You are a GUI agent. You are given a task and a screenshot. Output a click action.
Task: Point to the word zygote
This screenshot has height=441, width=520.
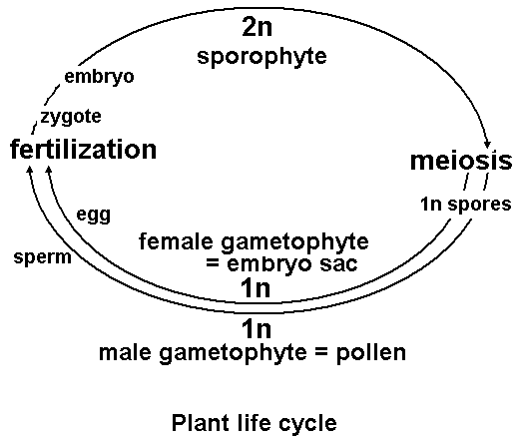(x=71, y=117)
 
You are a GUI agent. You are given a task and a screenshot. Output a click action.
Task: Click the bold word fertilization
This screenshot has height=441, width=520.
(x=84, y=150)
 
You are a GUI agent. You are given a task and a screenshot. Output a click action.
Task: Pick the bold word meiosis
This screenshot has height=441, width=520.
(x=461, y=161)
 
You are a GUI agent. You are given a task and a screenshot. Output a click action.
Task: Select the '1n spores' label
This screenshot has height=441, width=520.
(x=464, y=204)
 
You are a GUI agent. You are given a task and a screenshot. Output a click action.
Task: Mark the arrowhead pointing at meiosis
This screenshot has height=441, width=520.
(x=487, y=143)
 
